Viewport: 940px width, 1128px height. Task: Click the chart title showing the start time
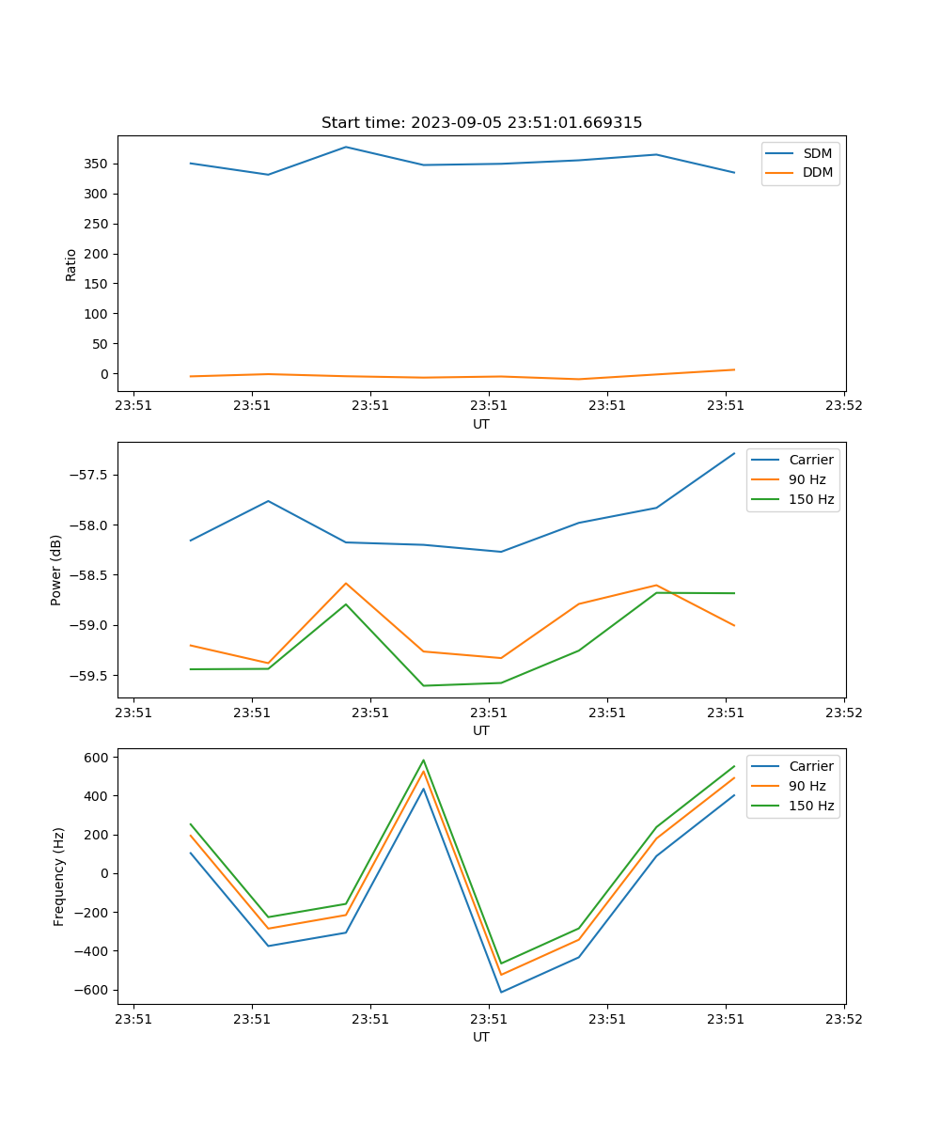tap(481, 123)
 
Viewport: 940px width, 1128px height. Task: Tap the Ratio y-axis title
tap(71, 264)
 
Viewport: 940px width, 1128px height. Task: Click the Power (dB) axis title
tap(56, 570)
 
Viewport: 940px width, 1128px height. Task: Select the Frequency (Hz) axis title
tap(59, 876)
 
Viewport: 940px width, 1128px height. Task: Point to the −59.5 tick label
tap(87, 676)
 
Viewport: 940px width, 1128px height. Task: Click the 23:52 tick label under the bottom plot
tap(843, 1018)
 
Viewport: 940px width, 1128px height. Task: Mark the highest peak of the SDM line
tap(346, 147)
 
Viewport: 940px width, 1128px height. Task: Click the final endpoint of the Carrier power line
tap(734, 453)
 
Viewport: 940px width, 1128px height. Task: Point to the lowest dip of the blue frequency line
tap(501, 992)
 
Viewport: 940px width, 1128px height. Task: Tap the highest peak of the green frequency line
tap(424, 760)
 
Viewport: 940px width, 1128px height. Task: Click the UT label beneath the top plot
tap(481, 424)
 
